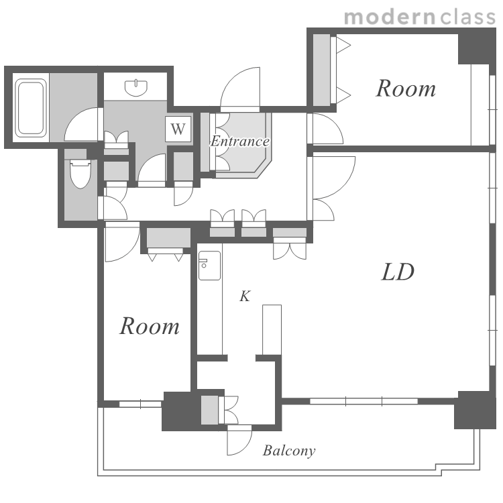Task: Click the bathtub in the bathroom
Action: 31,108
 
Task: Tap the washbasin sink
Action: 136,88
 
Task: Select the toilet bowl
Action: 80,174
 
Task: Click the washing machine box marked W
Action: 178,129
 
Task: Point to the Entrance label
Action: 239,141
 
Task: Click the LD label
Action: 398,272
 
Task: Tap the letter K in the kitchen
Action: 245,296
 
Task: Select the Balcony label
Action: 289,451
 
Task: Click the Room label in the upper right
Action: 406,89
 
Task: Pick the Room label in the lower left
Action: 150,326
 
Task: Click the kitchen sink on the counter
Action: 209,266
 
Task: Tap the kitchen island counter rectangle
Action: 272,330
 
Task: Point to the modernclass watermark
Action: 420,17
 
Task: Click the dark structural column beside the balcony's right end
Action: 475,410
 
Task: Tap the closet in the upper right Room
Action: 321,70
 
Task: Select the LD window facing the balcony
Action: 364,401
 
